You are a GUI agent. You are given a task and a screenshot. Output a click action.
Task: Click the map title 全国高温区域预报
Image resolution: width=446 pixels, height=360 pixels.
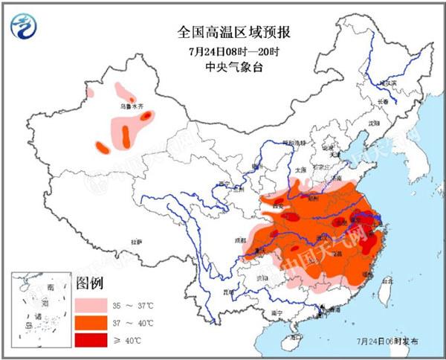pos(234,32)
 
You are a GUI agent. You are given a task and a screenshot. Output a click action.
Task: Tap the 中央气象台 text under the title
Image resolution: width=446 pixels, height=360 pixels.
pos(234,68)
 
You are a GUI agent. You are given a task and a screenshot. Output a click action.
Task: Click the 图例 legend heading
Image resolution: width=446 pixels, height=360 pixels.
pos(90,283)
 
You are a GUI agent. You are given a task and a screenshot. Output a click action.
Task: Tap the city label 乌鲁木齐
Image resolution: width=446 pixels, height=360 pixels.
pos(132,106)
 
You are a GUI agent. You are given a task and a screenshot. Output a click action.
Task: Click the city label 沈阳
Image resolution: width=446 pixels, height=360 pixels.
pos(372,121)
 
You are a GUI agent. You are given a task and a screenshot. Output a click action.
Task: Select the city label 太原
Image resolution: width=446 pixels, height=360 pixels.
pos(300,169)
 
